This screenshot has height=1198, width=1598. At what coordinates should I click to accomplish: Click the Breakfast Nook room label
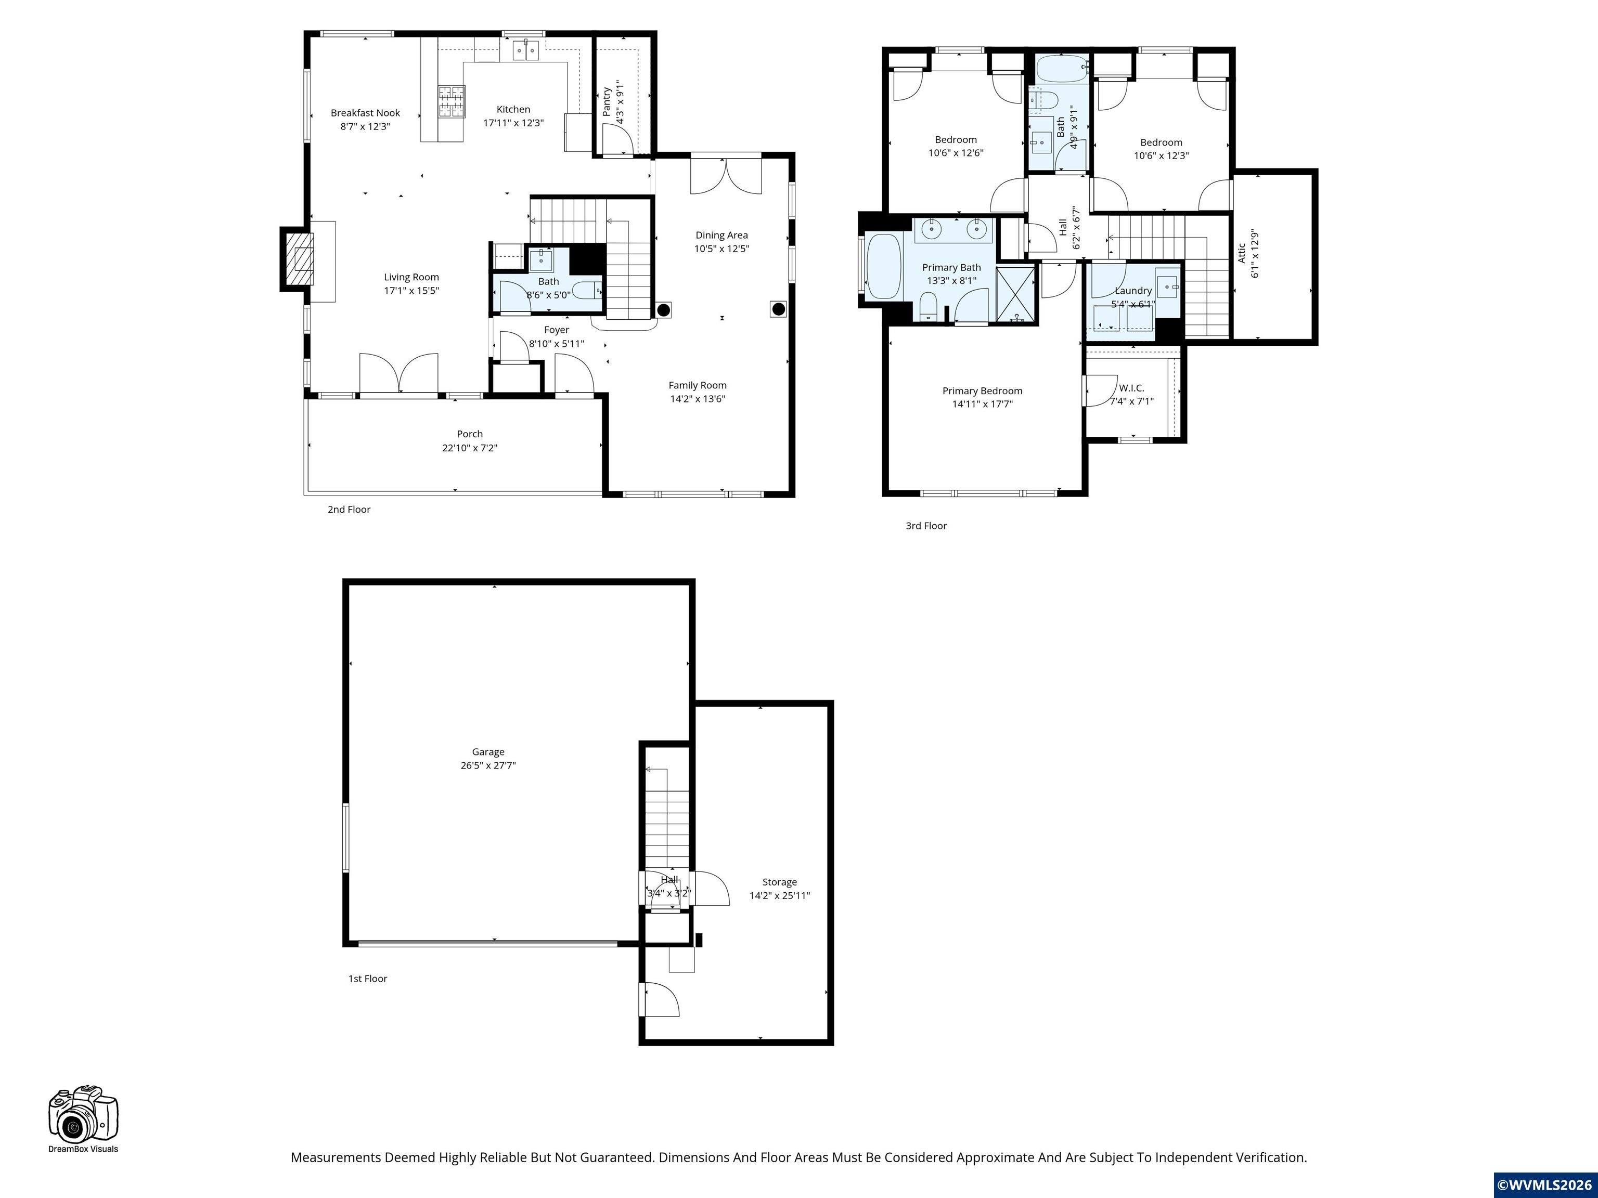coord(365,113)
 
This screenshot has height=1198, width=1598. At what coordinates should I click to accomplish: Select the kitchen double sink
coord(526,50)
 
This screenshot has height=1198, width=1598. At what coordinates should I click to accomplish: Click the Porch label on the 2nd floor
coord(470,434)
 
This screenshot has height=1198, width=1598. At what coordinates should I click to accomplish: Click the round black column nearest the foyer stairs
coord(663,310)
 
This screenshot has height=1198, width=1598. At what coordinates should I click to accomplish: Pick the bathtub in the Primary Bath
coord(883,266)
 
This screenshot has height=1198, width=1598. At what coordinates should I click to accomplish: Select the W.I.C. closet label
coord(1131,388)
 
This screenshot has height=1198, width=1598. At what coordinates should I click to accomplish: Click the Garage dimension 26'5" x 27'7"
coord(488,765)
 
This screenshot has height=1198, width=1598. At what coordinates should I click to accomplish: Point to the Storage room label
coord(780,882)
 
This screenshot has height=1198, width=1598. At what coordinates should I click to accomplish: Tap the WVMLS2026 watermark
coord(1544,1185)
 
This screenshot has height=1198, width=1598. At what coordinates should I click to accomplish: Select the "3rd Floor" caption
coord(926,526)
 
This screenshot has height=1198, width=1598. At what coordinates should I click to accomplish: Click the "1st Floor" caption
coord(368,979)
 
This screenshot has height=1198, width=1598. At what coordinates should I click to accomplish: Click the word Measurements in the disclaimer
coord(335,1157)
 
